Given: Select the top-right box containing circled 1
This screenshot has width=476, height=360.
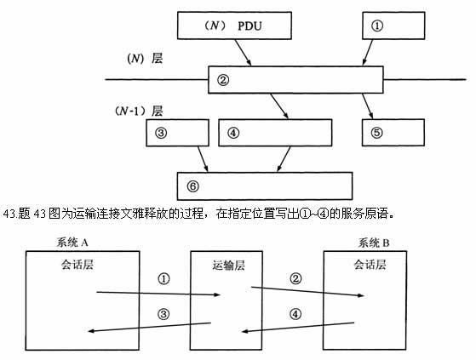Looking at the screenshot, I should pyautogui.click(x=393, y=26).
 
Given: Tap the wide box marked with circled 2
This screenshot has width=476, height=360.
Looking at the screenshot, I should pyautogui.click(x=295, y=80).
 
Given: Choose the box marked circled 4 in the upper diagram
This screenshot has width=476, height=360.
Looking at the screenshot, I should pyautogui.click(x=275, y=133).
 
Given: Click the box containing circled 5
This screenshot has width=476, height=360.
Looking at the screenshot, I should pyautogui.click(x=393, y=133).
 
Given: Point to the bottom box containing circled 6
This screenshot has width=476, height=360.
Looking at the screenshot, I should pyautogui.click(x=264, y=185).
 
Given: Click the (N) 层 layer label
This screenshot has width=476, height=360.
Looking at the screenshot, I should pyautogui.click(x=141, y=60).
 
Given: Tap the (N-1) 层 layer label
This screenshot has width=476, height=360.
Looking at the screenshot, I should pyautogui.click(x=137, y=111).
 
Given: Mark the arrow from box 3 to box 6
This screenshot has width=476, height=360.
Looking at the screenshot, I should pyautogui.click(x=203, y=158).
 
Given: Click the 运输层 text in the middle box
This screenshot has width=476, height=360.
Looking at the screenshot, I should pyautogui.click(x=228, y=265).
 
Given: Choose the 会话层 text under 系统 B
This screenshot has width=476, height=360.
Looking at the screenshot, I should pyautogui.click(x=370, y=265).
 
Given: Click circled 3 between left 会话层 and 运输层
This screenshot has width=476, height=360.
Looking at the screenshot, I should pyautogui.click(x=165, y=313).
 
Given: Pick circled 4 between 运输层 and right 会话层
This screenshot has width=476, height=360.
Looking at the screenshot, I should pyautogui.click(x=295, y=313).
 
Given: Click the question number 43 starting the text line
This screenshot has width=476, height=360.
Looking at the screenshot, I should pyautogui.click(x=11, y=213).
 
